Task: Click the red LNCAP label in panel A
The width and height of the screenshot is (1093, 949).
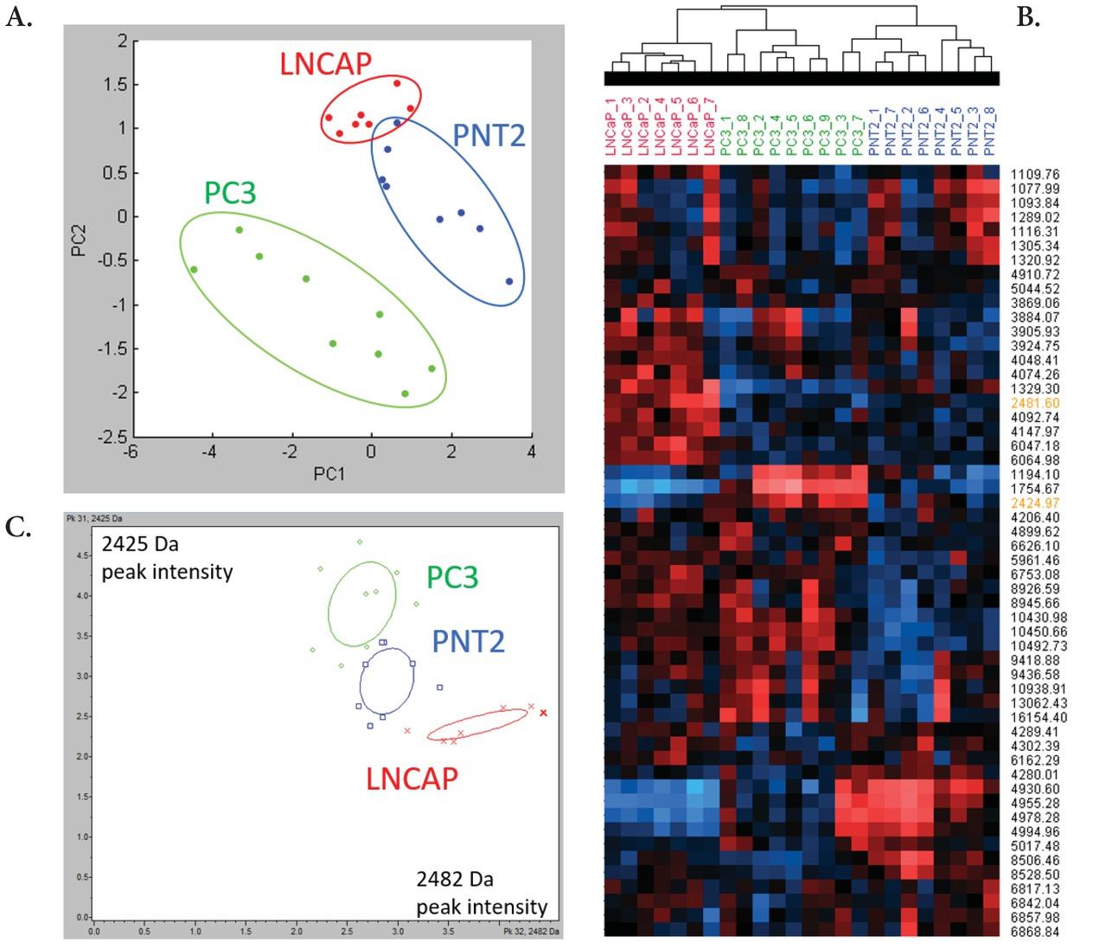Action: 325,64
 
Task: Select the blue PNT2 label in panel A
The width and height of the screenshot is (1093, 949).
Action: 489,136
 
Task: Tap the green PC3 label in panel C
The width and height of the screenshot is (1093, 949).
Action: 452,577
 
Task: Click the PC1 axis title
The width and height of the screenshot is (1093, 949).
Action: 329,474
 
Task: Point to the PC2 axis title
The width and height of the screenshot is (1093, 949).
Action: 79,240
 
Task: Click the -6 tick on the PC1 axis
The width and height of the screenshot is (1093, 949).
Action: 130,452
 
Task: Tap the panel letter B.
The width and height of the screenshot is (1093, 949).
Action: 1027,16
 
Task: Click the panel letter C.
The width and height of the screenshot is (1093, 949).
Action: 18,529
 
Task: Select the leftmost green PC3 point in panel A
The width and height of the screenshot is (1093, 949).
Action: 194,270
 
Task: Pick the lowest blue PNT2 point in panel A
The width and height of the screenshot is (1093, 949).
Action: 509,281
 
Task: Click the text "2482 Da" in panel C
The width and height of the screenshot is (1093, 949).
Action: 454,880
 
